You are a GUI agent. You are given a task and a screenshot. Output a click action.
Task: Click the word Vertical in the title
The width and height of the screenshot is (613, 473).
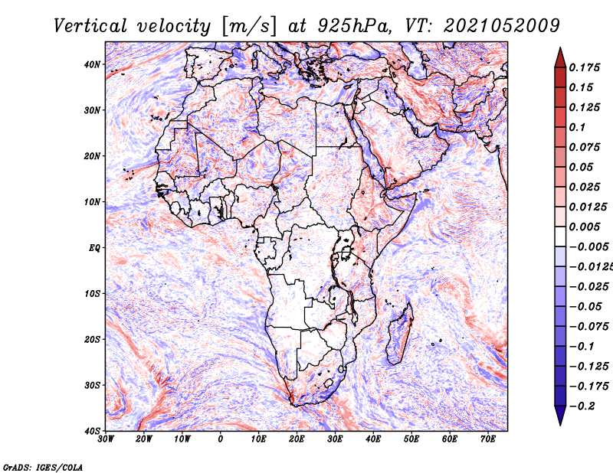coord(90,26)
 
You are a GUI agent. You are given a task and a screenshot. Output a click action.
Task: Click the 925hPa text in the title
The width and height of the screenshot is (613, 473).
coord(354,26)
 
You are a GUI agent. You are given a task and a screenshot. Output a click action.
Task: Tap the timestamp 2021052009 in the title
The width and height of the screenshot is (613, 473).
coord(502,26)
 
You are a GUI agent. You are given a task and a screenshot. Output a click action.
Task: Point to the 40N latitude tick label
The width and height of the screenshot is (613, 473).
coord(91,64)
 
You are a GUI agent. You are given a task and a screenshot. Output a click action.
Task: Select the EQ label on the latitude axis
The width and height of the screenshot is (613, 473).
coord(94,248)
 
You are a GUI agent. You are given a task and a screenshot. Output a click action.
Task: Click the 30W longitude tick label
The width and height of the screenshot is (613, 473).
coord(106,439)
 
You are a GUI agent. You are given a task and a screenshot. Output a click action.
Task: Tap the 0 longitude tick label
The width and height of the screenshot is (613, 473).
coord(221,439)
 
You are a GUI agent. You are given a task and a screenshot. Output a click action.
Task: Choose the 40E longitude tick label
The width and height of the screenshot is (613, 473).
coord(373,439)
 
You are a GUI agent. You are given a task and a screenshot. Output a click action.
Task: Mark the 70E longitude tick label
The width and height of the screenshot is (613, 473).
coord(488,439)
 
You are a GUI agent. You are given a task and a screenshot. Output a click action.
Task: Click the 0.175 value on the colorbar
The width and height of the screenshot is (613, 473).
coord(585,68)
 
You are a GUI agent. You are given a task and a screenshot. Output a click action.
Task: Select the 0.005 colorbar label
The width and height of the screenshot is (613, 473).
coord(585,227)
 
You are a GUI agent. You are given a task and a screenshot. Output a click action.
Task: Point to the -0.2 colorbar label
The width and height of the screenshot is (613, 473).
coord(582,406)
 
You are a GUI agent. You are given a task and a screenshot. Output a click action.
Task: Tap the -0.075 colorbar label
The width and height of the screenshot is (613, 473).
coord(588,326)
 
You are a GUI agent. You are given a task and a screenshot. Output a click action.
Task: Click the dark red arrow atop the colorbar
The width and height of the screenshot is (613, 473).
coord(560,57)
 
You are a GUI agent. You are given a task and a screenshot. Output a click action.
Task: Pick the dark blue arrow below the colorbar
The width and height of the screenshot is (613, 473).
coord(560,416)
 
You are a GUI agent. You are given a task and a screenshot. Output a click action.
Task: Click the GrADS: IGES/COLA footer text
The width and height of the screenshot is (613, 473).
coord(43,468)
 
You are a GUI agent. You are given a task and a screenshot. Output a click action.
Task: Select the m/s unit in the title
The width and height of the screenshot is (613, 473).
coord(249,27)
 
